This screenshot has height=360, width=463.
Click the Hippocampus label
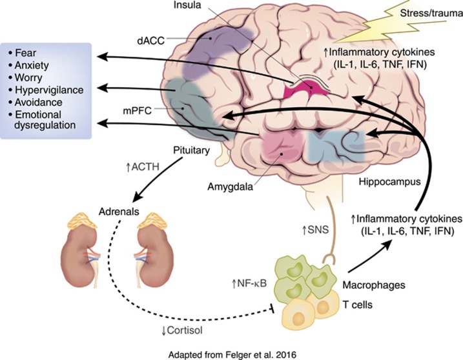click(x=384, y=183)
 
